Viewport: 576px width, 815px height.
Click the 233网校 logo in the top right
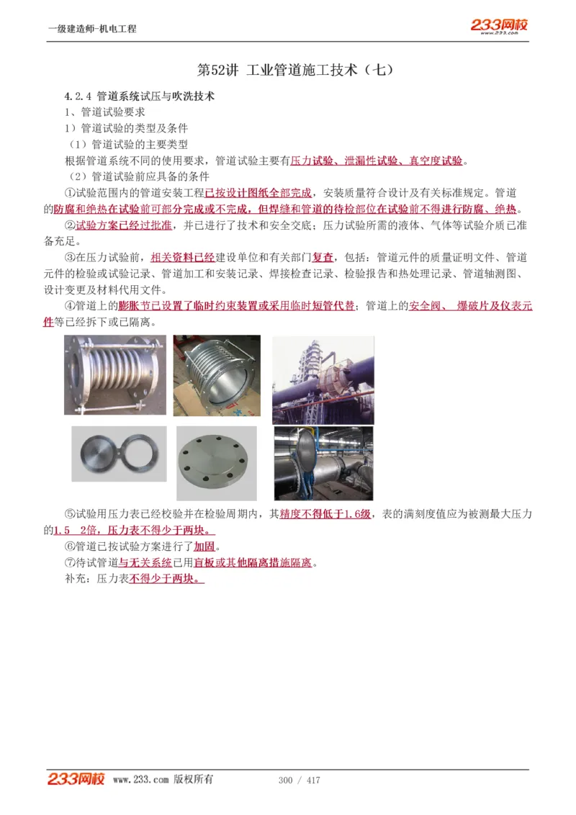click(x=500, y=26)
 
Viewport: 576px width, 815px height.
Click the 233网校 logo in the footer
click(x=76, y=779)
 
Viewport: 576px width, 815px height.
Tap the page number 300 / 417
click(x=299, y=780)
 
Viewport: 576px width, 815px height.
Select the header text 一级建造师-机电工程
click(x=91, y=29)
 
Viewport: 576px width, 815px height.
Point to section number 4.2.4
click(x=76, y=96)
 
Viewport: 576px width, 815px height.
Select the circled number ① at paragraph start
click(x=70, y=193)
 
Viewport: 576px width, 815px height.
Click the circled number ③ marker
click(x=70, y=258)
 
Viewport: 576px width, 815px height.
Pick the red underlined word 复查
click(x=323, y=258)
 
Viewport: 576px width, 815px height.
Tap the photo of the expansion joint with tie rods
click(x=114, y=375)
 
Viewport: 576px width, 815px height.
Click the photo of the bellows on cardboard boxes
click(x=216, y=375)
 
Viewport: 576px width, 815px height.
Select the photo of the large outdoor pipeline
click(x=323, y=379)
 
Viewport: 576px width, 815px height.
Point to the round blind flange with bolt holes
click(x=216, y=464)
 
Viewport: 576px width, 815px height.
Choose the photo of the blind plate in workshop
click(x=323, y=464)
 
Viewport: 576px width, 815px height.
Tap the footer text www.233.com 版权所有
click(x=163, y=780)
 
